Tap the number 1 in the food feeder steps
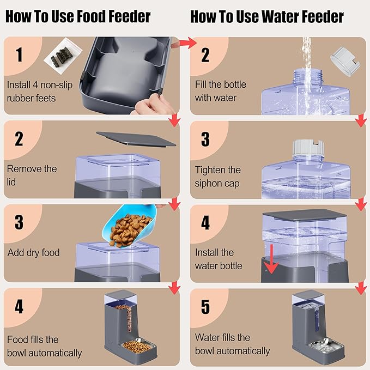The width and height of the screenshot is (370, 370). click(19, 55)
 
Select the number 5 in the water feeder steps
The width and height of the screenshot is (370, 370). click(205, 307)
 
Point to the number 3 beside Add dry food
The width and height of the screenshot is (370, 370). click(19, 222)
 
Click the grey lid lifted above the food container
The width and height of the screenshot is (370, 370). click(136, 138)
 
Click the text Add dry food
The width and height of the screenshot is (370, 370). click(33, 253)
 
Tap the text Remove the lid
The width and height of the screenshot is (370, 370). click(32, 175)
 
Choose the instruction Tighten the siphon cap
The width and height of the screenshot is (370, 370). click(217, 177)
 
